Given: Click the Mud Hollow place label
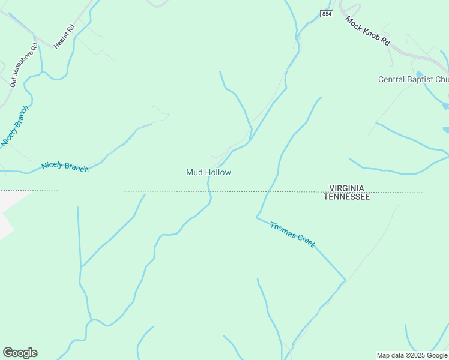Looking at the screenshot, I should [x=208, y=172].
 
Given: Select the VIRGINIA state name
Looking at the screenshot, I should [x=346, y=188].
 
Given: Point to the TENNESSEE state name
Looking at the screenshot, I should [x=346, y=196].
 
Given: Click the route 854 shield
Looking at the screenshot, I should [x=326, y=14].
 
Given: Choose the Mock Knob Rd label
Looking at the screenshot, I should [x=368, y=31].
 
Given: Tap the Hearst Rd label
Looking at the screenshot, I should [x=63, y=37].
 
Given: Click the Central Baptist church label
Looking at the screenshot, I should [x=413, y=79].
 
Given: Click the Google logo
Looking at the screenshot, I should [x=20, y=353].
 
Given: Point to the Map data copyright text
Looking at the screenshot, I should [x=412, y=355].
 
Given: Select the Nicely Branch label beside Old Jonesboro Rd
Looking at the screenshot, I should [x=15, y=127].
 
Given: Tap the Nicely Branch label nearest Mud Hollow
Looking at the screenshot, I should [x=65, y=167].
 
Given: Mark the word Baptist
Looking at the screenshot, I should [x=419, y=79].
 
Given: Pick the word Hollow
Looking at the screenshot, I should [x=218, y=172].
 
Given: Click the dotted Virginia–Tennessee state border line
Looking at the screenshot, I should [x=120, y=191].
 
